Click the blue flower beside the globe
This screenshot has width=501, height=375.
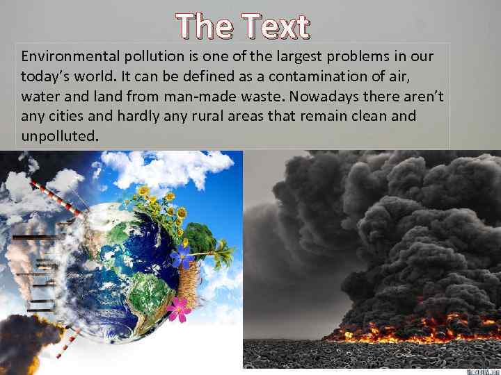coord(183,256)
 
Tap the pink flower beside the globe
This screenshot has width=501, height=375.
coord(178,309)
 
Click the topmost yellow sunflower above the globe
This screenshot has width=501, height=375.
coord(144,189)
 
